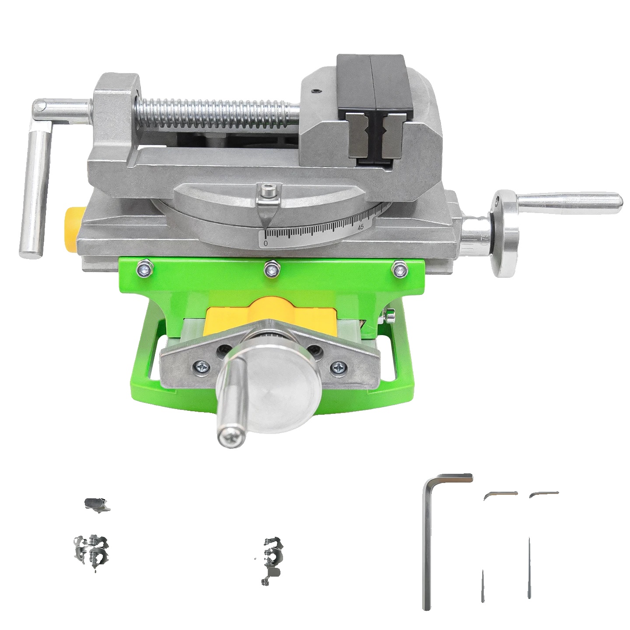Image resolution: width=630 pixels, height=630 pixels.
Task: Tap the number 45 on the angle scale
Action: point(360,227)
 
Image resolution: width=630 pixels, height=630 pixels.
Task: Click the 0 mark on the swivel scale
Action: point(266,243)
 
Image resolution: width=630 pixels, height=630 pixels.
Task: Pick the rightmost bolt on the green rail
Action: point(400,269)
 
